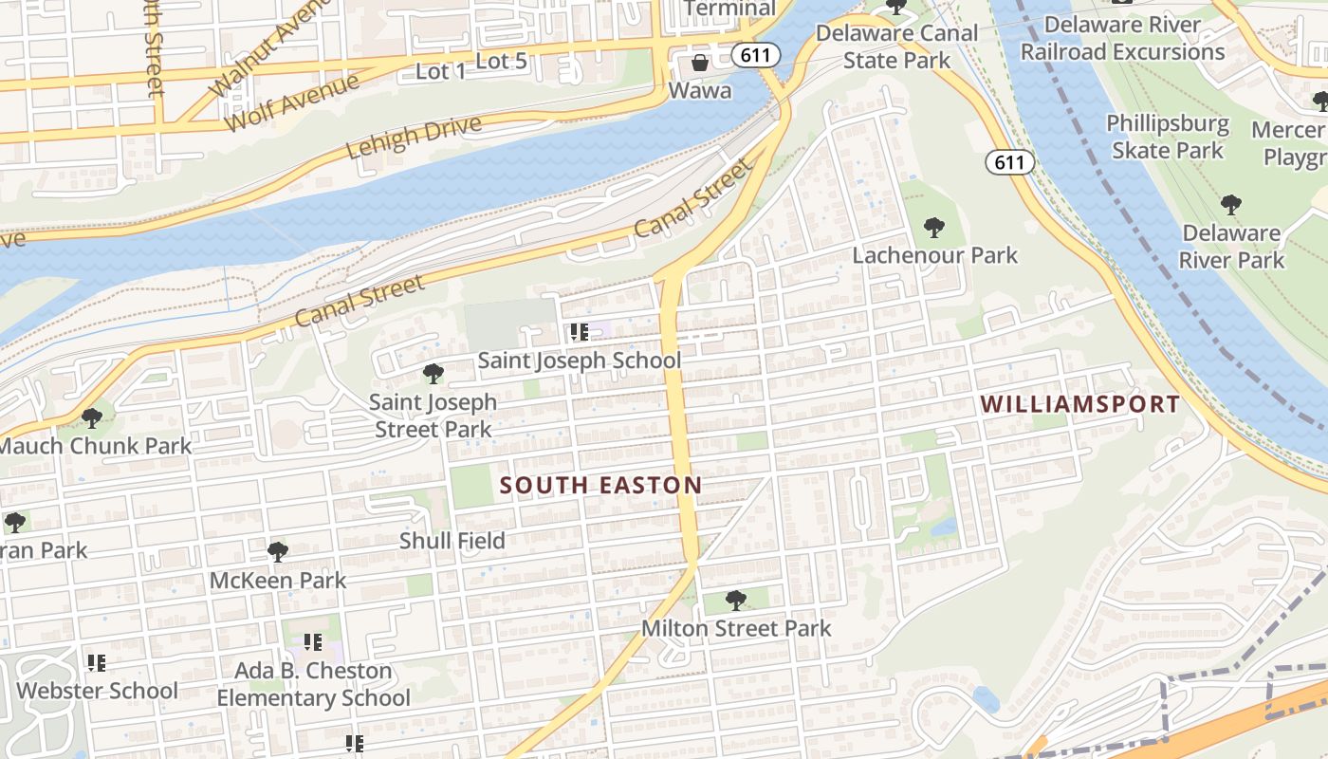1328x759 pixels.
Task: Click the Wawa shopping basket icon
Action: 700,64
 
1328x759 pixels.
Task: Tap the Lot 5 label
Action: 501,62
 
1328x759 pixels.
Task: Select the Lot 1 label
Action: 441,71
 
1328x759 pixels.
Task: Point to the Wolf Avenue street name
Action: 291,102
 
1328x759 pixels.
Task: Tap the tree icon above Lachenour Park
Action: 933,228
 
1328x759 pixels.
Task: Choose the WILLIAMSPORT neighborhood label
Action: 1079,404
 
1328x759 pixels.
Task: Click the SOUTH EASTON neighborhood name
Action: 600,486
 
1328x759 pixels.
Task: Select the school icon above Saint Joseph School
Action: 579,332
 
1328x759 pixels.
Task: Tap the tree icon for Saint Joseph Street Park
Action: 433,374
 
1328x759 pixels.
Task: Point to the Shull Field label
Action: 452,541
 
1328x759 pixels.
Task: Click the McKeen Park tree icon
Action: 277,552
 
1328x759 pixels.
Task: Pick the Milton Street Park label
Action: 736,628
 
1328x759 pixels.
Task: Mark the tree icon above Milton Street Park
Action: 735,601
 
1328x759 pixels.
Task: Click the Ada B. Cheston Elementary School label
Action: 313,684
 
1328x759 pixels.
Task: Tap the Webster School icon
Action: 96,662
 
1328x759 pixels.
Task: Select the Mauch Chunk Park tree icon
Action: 91,418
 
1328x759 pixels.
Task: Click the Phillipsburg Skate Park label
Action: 1167,137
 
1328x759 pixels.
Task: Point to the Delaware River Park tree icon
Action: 1230,204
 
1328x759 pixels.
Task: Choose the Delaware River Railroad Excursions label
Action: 1122,38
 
